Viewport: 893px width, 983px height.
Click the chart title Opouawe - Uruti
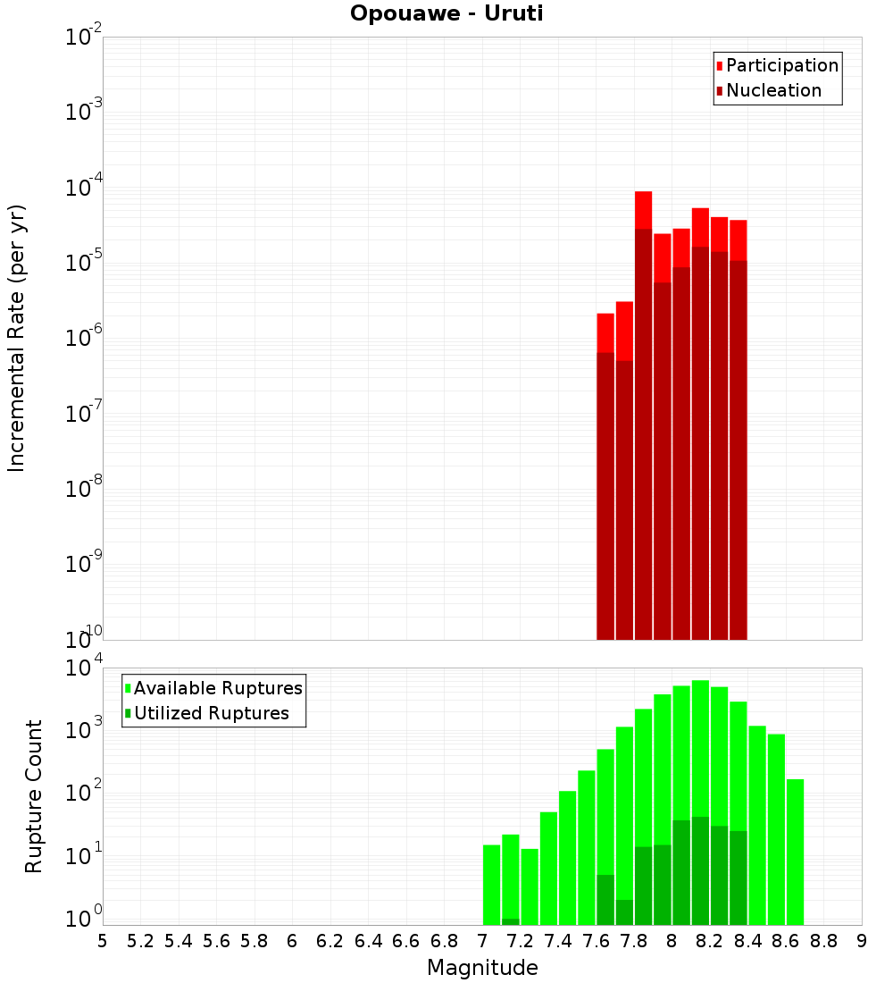tap(446, 14)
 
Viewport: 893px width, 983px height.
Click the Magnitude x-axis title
tap(482, 968)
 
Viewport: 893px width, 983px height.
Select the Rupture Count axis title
tap(34, 795)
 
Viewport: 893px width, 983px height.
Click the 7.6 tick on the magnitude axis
tap(597, 941)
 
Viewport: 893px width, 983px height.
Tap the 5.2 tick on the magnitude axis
tap(140, 941)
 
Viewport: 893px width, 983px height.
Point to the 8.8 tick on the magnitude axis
tap(824, 941)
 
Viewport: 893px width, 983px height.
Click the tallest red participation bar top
tap(644, 193)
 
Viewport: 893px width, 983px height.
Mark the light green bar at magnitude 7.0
tap(491, 885)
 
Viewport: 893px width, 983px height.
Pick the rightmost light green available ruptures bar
tap(795, 849)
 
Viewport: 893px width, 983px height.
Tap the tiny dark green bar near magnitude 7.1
tap(511, 921)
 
